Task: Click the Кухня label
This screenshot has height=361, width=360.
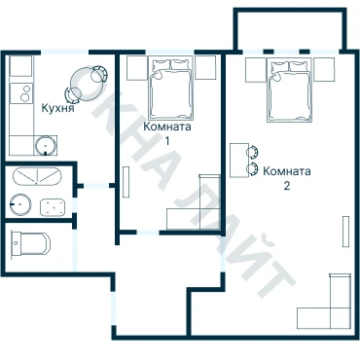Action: (58, 108)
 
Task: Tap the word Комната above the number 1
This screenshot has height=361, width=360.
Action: (167, 126)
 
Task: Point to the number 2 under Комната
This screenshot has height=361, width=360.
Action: (287, 186)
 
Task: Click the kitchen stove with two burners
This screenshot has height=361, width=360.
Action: (21, 93)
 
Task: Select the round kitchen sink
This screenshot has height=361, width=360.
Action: (46, 145)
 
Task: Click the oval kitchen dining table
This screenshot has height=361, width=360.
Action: (86, 83)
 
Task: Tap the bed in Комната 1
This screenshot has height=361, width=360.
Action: (171, 88)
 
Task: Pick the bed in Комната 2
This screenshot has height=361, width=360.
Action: (289, 90)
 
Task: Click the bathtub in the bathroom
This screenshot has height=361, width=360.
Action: (37, 176)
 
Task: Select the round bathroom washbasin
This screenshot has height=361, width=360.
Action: (20, 204)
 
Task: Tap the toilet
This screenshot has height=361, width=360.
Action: (31, 243)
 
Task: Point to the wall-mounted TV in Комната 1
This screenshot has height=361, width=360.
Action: (126, 182)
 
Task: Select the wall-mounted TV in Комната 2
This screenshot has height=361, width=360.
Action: (346, 232)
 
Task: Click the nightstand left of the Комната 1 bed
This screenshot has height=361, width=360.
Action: (137, 68)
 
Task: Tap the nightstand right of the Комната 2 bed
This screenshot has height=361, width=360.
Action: (324, 70)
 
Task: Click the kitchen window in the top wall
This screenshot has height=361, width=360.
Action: (65, 52)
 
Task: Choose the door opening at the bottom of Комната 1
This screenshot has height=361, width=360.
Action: (148, 233)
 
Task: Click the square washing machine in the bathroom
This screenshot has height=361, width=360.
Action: (53, 206)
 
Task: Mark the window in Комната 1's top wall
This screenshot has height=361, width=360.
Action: (169, 52)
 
